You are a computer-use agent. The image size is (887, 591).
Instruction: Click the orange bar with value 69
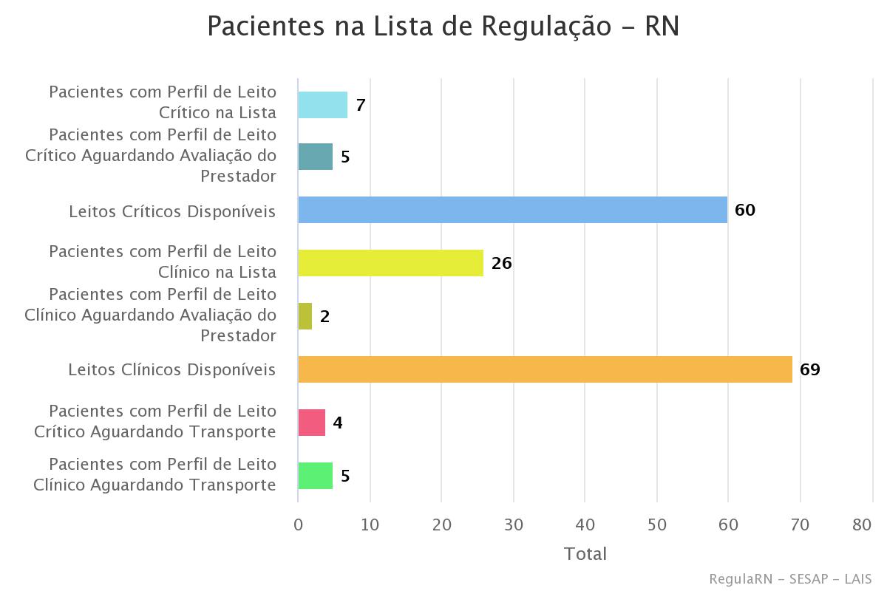[545, 369]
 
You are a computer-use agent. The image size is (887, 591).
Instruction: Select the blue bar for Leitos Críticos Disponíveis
[512, 210]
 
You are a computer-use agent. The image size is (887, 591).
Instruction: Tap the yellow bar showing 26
[390, 263]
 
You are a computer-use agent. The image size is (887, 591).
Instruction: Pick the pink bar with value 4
[311, 423]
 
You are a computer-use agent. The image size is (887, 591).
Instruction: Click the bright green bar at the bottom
[315, 476]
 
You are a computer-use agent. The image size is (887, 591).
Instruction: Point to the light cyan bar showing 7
[322, 105]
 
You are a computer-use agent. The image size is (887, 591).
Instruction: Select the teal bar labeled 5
[315, 157]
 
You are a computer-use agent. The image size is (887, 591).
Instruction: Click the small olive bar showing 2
[305, 316]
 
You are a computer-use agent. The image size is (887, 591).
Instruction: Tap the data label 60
[745, 210]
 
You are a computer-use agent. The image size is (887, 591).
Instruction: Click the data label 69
[810, 369]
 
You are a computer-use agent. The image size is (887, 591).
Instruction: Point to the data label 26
[501, 263]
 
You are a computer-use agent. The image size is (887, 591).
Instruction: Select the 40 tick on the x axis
[585, 525]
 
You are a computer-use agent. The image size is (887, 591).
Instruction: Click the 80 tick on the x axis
[862, 525]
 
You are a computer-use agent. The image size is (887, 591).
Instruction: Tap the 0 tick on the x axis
[298, 525]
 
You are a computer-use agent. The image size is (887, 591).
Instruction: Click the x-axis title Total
[585, 553]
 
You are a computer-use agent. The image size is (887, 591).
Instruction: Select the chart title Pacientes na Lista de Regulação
[443, 27]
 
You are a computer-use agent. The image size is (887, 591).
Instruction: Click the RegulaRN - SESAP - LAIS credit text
[789, 578]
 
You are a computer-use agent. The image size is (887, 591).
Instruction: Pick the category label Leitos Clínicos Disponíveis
[172, 369]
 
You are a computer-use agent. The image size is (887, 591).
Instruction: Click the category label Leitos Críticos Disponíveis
[172, 211]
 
